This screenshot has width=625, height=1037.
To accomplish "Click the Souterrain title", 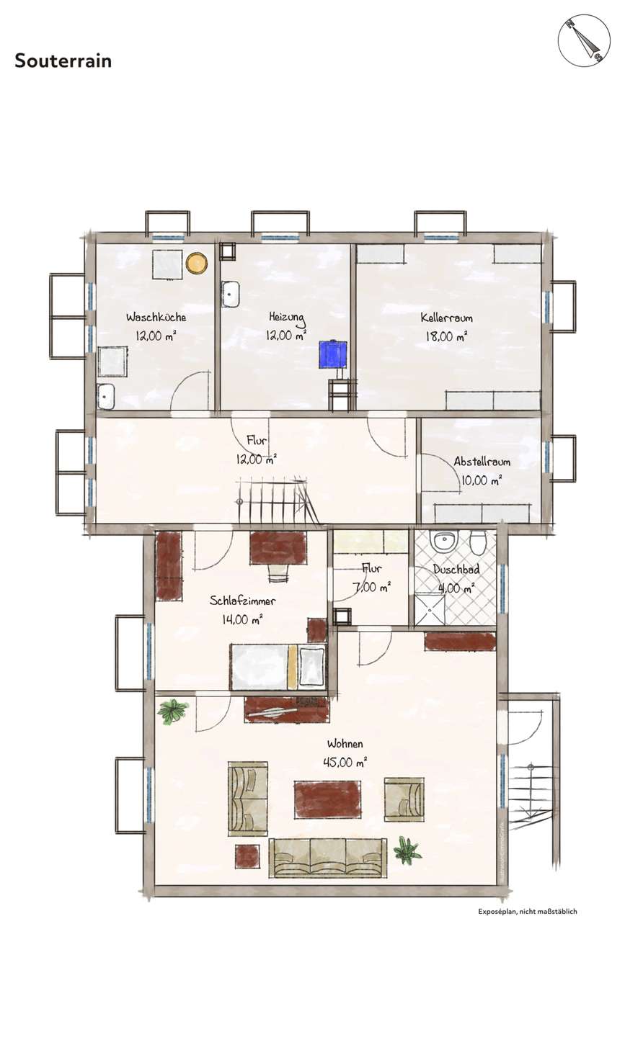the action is coord(63,61).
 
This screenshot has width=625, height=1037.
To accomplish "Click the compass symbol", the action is coord(584,40).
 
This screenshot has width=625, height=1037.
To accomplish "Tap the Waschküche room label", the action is coord(156,318).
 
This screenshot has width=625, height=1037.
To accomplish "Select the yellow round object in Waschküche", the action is coord(197,263).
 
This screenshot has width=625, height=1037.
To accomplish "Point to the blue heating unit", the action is coord(332,354).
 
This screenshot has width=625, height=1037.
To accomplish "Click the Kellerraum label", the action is coord(447,318).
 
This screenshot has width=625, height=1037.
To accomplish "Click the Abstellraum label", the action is coord(482,462).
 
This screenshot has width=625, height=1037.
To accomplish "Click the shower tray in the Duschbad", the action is coord(430,610).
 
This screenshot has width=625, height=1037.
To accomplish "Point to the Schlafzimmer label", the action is coord(242,601).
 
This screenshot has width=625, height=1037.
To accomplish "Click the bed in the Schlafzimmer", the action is coord(278,667).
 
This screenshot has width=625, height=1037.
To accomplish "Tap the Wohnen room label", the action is coord(345,744).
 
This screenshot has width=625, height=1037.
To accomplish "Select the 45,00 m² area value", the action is coord(345,762).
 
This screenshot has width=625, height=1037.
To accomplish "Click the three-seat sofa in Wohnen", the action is coord(328,858).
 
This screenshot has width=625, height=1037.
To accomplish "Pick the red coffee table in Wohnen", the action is coord(327,799).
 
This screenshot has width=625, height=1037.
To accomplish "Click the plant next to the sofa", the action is coord(407,850).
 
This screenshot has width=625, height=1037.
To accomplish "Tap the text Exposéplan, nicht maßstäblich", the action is coord(528,912).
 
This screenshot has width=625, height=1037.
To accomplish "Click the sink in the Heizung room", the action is coord(230,294).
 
